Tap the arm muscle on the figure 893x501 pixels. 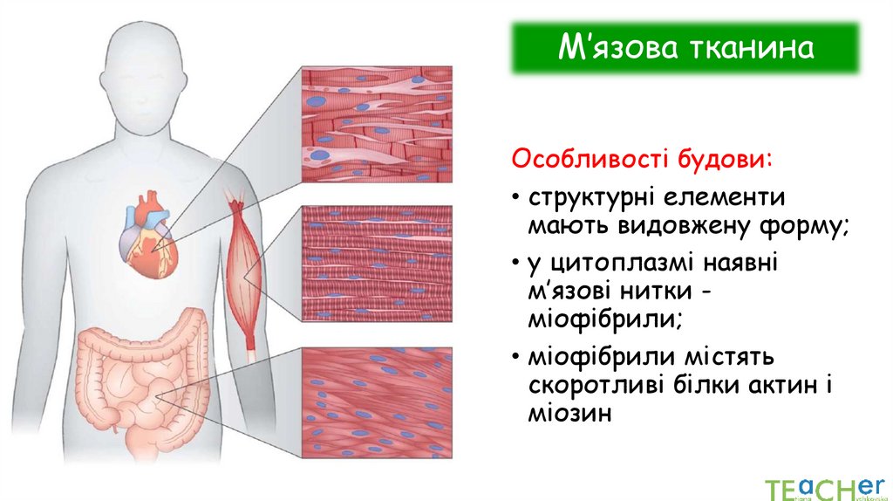point(245,271)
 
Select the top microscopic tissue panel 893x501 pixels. point(377,125)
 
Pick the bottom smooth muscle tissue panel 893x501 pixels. point(377,402)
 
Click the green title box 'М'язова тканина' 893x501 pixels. point(685,49)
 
